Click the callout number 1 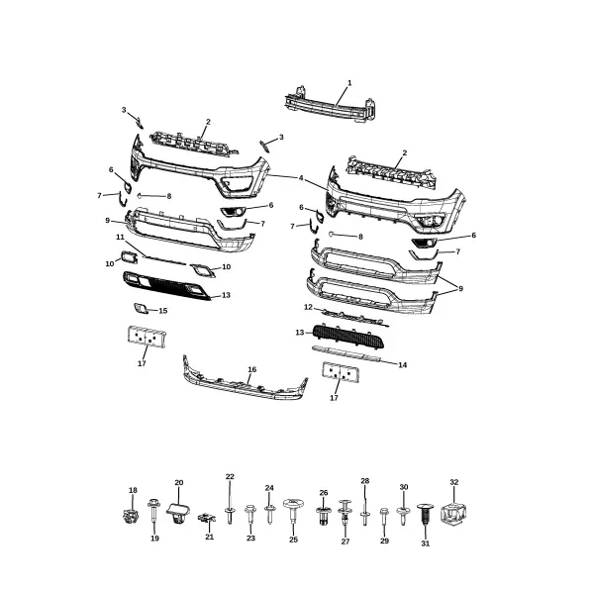[349, 83]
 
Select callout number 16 [251, 369]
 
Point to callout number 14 [403, 364]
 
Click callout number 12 [308, 307]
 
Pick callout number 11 [120, 238]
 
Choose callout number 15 [163, 311]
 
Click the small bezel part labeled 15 [141, 309]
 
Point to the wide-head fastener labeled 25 [293, 510]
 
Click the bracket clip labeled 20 [177, 512]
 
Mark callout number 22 [230, 476]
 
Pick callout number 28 [364, 481]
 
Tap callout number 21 [210, 537]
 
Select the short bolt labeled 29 [384, 516]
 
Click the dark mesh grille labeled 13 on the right [348, 336]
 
